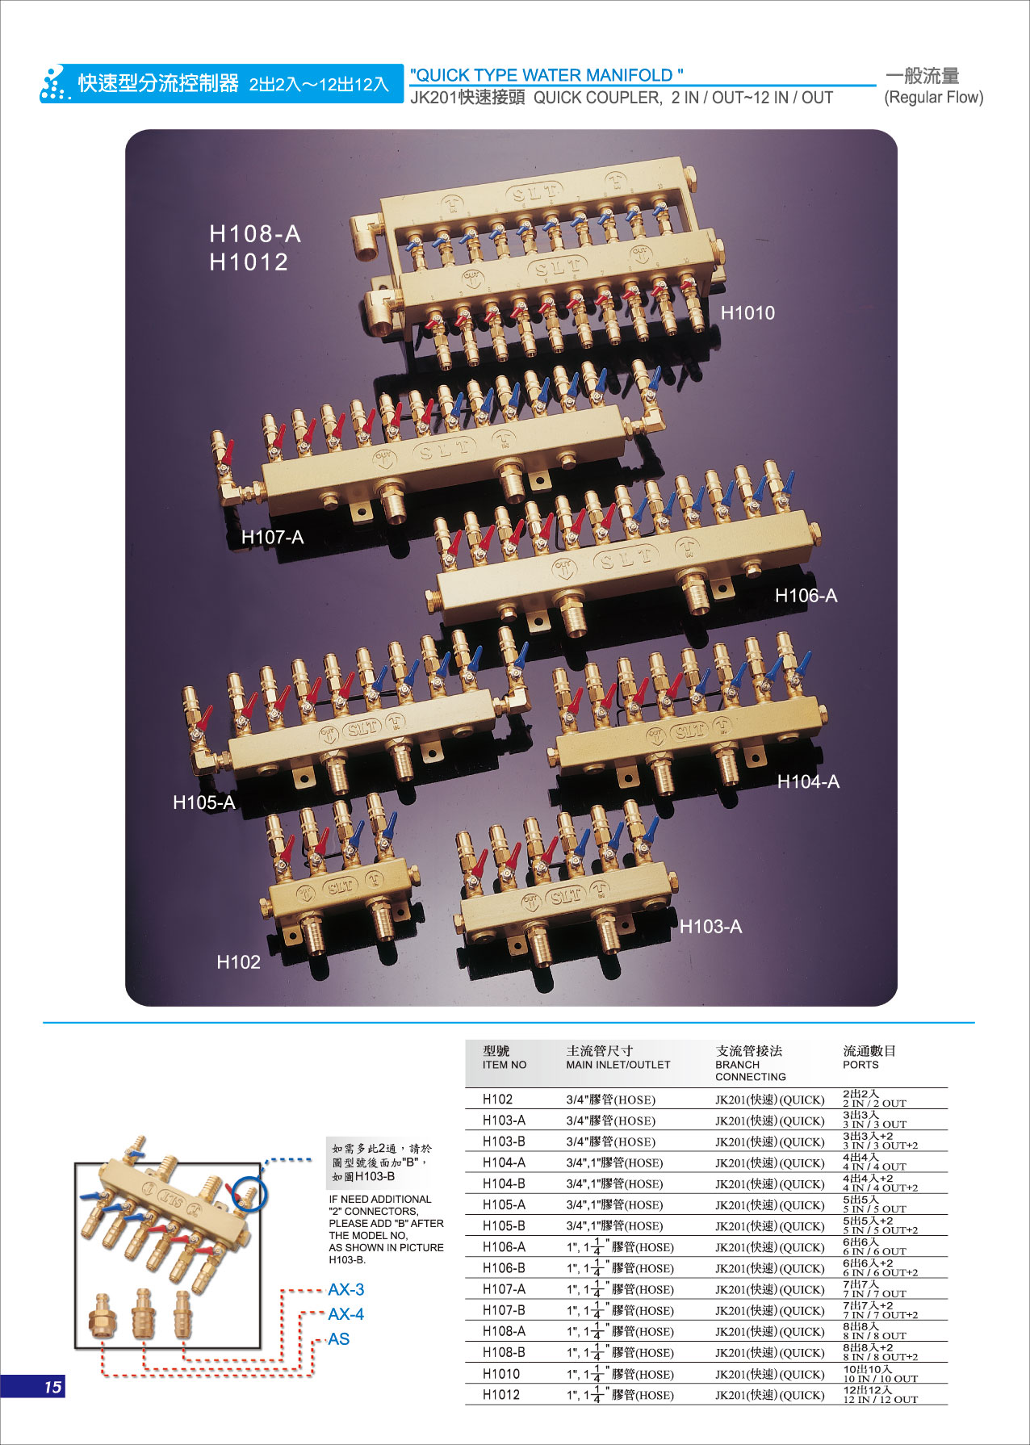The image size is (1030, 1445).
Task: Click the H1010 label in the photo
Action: pyautogui.click(x=747, y=312)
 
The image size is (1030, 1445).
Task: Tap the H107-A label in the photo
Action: pyautogui.click(x=272, y=537)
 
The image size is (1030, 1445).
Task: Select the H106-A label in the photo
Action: pyautogui.click(x=806, y=596)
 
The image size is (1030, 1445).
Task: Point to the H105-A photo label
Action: pyautogui.click(x=204, y=802)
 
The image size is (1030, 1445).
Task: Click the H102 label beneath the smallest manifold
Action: pyautogui.click(x=238, y=961)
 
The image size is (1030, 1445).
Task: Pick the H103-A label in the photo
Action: pyautogui.click(x=710, y=926)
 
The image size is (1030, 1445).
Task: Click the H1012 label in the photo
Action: pyautogui.click(x=249, y=262)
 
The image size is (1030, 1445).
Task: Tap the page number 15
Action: pyautogui.click(x=52, y=1387)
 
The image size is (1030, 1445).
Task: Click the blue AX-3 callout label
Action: pyautogui.click(x=345, y=1289)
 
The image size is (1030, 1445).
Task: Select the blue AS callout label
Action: pyautogui.click(x=338, y=1338)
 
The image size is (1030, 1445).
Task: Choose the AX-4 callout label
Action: pyautogui.click(x=345, y=1313)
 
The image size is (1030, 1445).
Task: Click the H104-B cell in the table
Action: pyautogui.click(x=504, y=1183)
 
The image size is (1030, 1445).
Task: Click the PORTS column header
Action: pyautogui.click(x=860, y=1064)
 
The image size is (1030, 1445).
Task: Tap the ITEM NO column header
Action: pyautogui.click(x=505, y=1064)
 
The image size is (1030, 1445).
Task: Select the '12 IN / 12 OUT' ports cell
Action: pyautogui.click(x=881, y=1399)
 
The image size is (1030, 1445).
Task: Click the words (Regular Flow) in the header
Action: pyautogui.click(x=934, y=98)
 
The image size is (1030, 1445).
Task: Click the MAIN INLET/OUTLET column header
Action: pyautogui.click(x=618, y=1064)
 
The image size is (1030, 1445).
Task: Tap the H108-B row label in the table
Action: pyautogui.click(x=504, y=1352)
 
